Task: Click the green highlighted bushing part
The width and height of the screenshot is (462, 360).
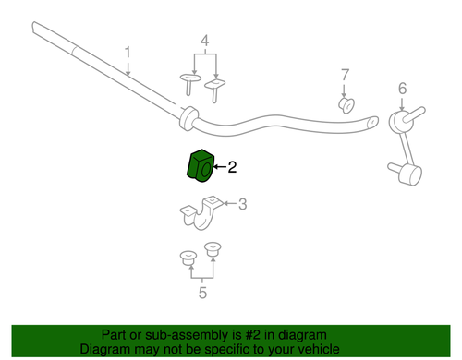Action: (x=201, y=166)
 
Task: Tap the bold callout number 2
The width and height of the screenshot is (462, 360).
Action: (x=232, y=167)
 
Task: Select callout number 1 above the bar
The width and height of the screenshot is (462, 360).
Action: (x=128, y=53)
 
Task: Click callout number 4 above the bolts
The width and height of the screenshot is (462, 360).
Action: (x=205, y=41)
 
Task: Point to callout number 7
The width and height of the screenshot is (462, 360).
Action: (x=346, y=75)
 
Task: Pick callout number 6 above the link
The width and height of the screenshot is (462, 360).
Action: (x=402, y=89)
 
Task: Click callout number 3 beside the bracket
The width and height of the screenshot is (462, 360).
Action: (x=243, y=204)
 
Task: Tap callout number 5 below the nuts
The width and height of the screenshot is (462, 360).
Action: (x=202, y=293)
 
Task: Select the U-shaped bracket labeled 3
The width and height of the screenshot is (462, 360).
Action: (x=201, y=213)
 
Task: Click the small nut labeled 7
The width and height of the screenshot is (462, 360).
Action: (x=346, y=105)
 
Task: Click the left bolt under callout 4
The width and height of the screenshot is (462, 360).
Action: (x=190, y=84)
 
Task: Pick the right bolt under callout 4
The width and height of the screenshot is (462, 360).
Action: (x=215, y=90)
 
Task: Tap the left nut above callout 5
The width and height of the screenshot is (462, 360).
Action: (x=188, y=258)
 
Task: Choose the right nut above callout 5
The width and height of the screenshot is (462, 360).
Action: (x=213, y=249)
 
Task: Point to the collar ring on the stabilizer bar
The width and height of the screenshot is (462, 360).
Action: (x=188, y=118)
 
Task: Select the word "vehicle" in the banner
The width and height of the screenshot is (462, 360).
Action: (x=321, y=349)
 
